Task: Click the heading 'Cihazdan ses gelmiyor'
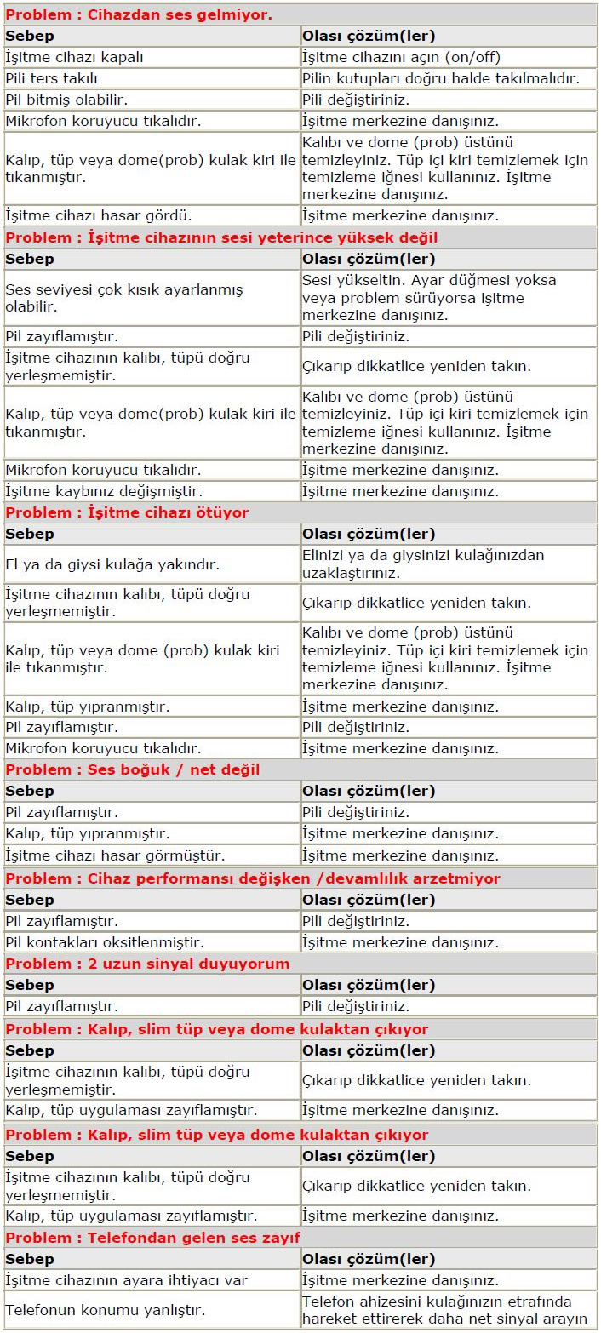(x=139, y=14)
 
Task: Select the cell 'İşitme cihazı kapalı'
(x=75, y=57)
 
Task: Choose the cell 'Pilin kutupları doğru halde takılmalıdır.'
(x=441, y=78)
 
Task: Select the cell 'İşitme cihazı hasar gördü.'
(x=99, y=215)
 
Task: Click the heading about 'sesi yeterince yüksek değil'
(x=221, y=237)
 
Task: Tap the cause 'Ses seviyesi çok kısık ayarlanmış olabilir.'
(x=124, y=298)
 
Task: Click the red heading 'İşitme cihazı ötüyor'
(x=127, y=512)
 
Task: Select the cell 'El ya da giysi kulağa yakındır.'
(x=112, y=564)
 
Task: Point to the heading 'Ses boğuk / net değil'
(x=133, y=769)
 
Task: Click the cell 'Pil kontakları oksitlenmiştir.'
(x=105, y=942)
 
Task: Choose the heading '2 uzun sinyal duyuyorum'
(x=147, y=964)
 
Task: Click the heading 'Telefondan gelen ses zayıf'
(x=153, y=1237)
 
